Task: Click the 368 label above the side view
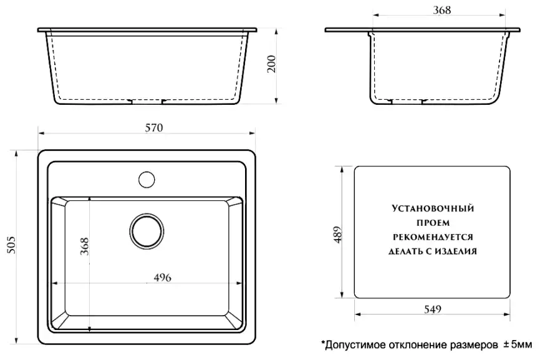441,10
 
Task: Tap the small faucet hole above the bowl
147,178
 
